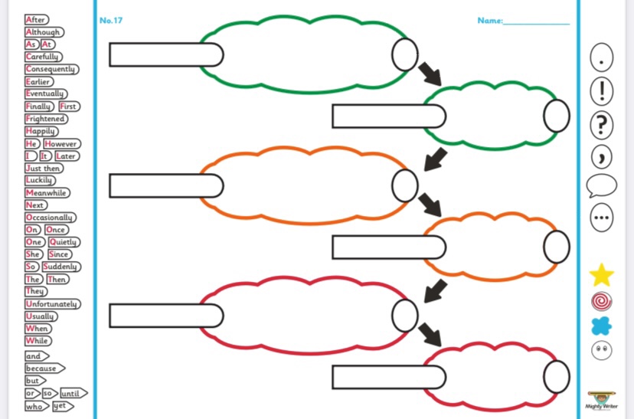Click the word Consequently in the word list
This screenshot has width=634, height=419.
51,69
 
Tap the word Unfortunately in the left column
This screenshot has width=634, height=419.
52,304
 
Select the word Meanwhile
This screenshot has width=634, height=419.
47,193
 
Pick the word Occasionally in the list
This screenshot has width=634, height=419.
50,218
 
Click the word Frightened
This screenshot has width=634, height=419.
46,119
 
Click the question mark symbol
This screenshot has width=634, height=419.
602,124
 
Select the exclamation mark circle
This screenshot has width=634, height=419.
602,90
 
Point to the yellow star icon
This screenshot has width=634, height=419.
602,274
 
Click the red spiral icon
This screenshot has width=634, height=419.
602,301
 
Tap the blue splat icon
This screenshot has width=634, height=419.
602,326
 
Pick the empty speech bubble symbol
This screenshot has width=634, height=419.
601,185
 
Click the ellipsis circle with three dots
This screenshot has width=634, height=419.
602,218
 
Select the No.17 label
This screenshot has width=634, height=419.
111,20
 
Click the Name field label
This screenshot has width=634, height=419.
490,21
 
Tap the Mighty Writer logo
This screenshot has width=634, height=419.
602,400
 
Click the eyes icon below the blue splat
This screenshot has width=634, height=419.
602,350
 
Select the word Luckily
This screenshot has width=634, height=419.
41,181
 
